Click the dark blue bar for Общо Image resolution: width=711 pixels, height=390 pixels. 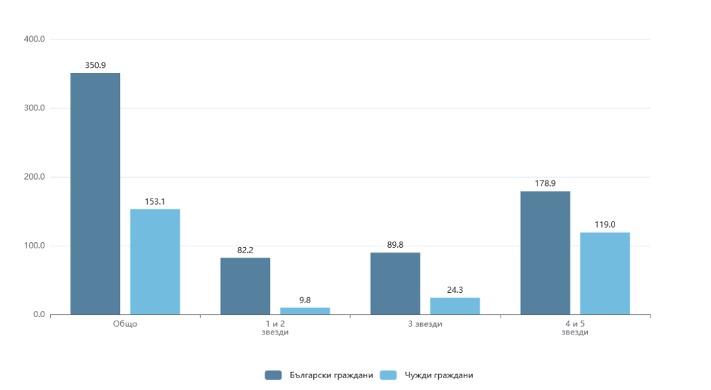coord(95,194)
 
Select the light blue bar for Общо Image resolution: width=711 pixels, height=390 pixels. coord(155,262)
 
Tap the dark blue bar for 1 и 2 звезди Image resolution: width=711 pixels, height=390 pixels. coord(245,286)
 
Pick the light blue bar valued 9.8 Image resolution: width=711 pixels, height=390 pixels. coord(305,311)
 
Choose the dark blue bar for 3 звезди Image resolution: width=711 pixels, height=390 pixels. coord(395,283)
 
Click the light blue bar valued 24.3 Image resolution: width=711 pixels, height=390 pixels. coord(455,306)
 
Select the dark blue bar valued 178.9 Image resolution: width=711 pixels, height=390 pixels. coord(545,253)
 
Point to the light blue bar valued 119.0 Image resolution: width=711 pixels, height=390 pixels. coord(605,273)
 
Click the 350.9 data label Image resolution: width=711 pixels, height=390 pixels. coord(95,65)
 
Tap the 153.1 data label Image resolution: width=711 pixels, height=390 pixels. coord(155,201)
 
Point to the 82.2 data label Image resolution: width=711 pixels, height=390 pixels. coord(245,250)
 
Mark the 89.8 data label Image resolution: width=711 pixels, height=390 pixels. coord(395,244)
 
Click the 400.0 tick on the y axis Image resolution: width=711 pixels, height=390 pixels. coord(34,40)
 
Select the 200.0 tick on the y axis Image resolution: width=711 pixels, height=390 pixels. coord(34,177)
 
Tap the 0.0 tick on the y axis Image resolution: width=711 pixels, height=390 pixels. coord(37,315)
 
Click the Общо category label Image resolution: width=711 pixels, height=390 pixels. coord(125,324)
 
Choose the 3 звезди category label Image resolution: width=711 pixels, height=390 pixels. coord(425,324)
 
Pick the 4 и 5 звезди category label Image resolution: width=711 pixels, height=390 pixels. coord(575,328)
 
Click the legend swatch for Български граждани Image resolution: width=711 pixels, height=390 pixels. coord(273,375)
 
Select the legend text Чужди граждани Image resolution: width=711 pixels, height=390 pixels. coord(439,375)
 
